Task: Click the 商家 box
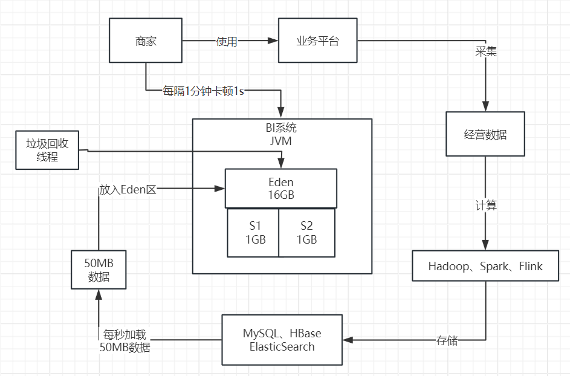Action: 145,41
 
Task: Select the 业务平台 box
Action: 317,41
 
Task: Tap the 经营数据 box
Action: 485,134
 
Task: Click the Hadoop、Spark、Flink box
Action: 485,266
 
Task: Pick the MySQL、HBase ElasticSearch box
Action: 282,340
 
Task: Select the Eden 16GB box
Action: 280,188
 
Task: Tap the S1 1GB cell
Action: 253,233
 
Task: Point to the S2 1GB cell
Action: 306,233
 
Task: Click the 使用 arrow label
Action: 227,42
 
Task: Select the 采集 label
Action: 486,52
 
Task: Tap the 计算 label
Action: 485,205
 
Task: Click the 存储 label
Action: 447,340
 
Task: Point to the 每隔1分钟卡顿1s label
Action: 203,91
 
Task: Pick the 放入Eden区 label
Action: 128,189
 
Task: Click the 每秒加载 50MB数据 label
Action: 125,341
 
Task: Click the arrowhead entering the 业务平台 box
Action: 273,41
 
